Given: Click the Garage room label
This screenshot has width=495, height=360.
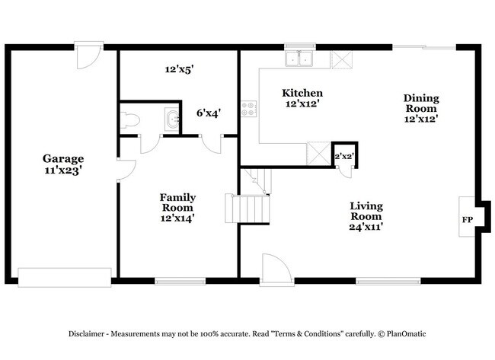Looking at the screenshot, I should (x=62, y=158).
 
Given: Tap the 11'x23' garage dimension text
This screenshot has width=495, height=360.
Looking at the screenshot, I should (x=62, y=170).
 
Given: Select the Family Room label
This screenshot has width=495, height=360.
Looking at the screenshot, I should (x=177, y=202).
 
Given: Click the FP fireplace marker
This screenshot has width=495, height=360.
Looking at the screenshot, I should (x=467, y=220).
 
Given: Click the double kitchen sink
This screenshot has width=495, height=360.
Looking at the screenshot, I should (x=300, y=58).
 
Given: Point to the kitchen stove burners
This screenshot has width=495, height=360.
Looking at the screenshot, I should (x=249, y=109).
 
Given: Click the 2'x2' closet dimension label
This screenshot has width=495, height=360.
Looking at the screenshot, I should (x=344, y=156).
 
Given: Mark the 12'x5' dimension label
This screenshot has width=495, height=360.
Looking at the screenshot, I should (x=180, y=68).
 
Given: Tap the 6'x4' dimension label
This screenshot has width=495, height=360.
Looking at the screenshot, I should (x=209, y=113).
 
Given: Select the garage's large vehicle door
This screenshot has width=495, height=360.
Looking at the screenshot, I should (x=65, y=277).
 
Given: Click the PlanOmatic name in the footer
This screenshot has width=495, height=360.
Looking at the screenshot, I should (x=407, y=333).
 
